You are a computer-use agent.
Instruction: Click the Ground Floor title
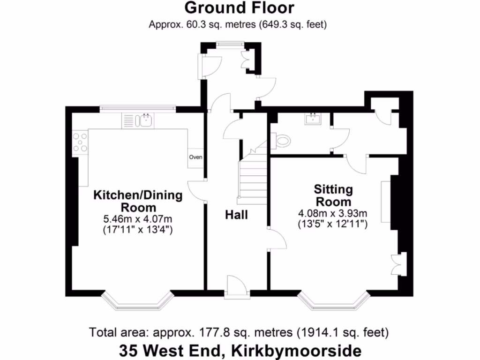pos(239,8)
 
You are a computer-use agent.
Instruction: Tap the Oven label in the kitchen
pos(195,157)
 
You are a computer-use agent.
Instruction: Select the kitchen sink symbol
pos(145,121)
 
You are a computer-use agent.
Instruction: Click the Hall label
pos(236,215)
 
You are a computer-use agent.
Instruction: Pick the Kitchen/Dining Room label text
pos(138,201)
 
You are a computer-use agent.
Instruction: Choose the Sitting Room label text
pos(333,196)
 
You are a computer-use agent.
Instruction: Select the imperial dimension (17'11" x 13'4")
pos(138,230)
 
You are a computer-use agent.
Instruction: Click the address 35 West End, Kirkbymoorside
pos(240,351)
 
